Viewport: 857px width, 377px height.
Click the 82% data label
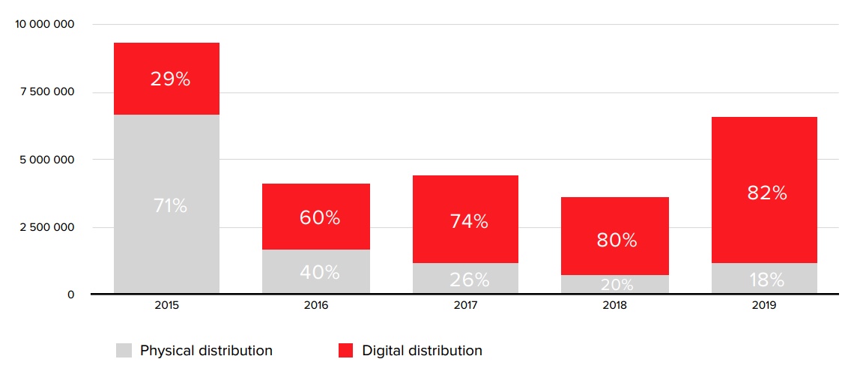pyautogui.click(x=766, y=193)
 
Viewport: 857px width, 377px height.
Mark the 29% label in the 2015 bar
pyautogui.click(x=170, y=79)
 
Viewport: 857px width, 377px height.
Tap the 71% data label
pyautogui.click(x=170, y=205)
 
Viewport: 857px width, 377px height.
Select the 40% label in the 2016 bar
pyautogui.click(x=319, y=272)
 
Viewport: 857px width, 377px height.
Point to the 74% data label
pyautogui.click(x=469, y=221)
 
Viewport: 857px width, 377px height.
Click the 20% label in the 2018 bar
pyautogui.click(x=617, y=285)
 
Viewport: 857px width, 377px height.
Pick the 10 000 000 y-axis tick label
pyautogui.click(x=45, y=24)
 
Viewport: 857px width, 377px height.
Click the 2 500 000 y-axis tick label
pyautogui.click(x=47, y=227)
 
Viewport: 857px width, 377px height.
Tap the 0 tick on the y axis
pyautogui.click(x=71, y=295)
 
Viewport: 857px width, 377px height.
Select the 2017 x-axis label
pyautogui.click(x=465, y=306)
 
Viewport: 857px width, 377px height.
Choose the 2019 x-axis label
pyautogui.click(x=763, y=306)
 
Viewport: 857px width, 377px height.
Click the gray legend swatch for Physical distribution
pyautogui.click(x=124, y=350)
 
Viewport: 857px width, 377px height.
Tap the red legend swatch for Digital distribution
pyautogui.click(x=345, y=350)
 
